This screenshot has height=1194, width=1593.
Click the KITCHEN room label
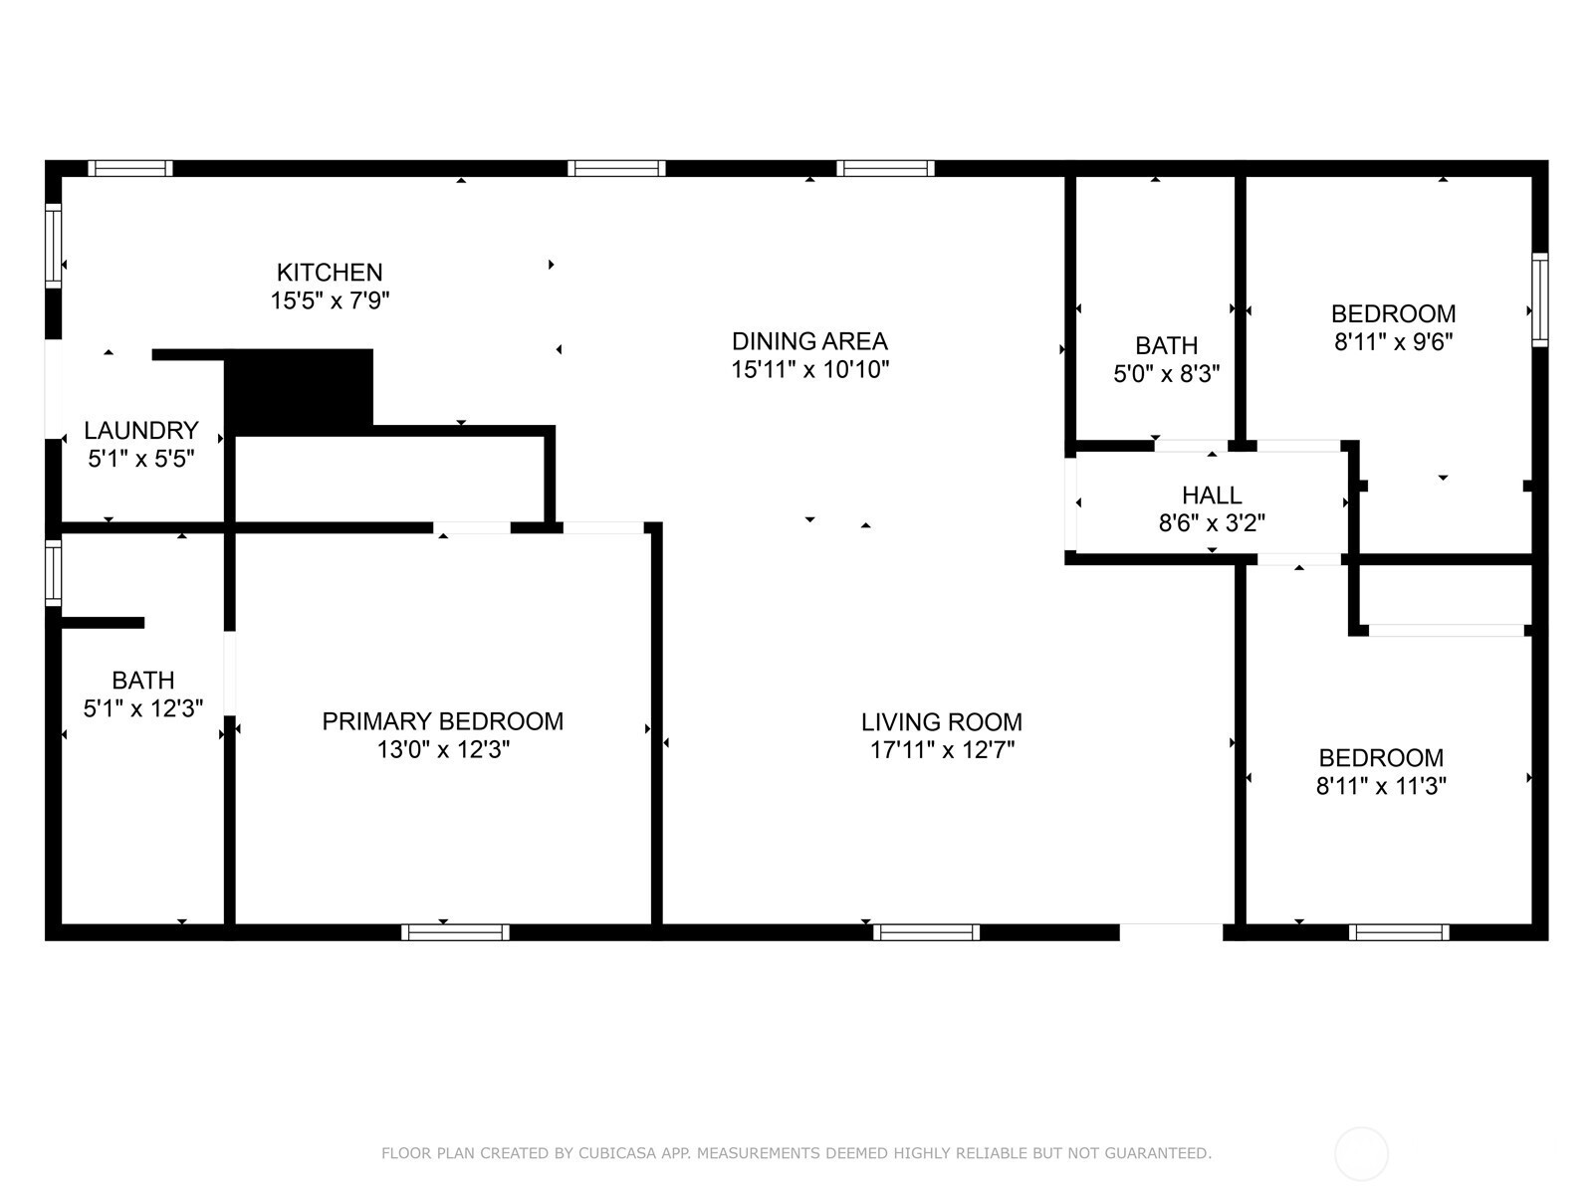point(330,273)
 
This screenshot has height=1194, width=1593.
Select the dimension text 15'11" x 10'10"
point(809,370)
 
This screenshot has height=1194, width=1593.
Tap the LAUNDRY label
point(141,431)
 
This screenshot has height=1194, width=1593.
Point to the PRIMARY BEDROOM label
point(443,721)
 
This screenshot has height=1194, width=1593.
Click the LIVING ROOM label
point(942,722)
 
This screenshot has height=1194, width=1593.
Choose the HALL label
point(1212,496)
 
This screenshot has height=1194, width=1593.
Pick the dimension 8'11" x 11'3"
point(1381,786)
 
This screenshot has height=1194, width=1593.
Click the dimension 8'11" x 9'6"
point(1394,341)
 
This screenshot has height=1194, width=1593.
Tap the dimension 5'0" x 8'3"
point(1166,373)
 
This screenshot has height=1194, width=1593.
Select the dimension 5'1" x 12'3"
point(143,708)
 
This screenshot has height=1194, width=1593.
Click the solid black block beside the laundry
point(299,391)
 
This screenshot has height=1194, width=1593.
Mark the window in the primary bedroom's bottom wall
point(455,932)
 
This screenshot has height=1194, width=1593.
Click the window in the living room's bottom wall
point(926,932)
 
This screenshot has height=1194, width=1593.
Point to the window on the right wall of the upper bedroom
point(1539,300)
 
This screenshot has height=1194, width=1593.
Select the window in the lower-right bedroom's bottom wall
point(1399,932)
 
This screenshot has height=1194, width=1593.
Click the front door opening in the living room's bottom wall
point(1171,932)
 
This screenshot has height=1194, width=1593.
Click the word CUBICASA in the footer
point(617,1153)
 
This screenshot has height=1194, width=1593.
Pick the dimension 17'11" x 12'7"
point(942,749)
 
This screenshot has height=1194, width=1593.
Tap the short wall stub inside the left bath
point(103,623)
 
